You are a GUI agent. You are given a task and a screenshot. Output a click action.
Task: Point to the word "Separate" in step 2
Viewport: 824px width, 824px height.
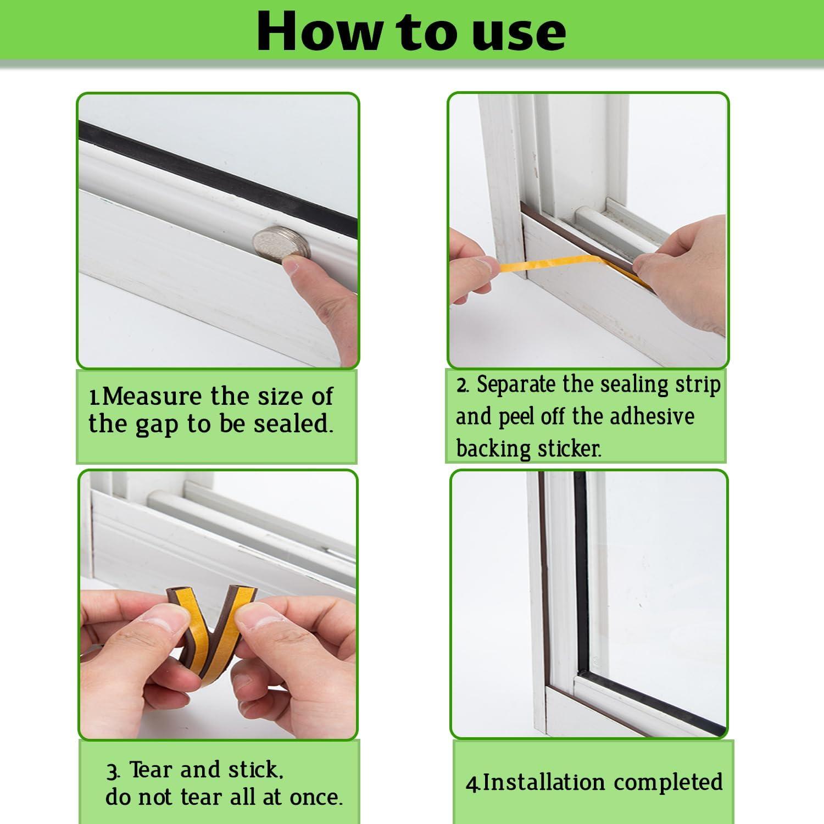pos(516,385)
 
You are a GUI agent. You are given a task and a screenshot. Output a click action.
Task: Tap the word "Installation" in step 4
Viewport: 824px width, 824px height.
pos(544,782)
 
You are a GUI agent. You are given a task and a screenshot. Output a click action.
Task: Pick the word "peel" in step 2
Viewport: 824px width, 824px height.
pos(516,417)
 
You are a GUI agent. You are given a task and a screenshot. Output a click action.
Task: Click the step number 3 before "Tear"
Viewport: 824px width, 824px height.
pos(112,771)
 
